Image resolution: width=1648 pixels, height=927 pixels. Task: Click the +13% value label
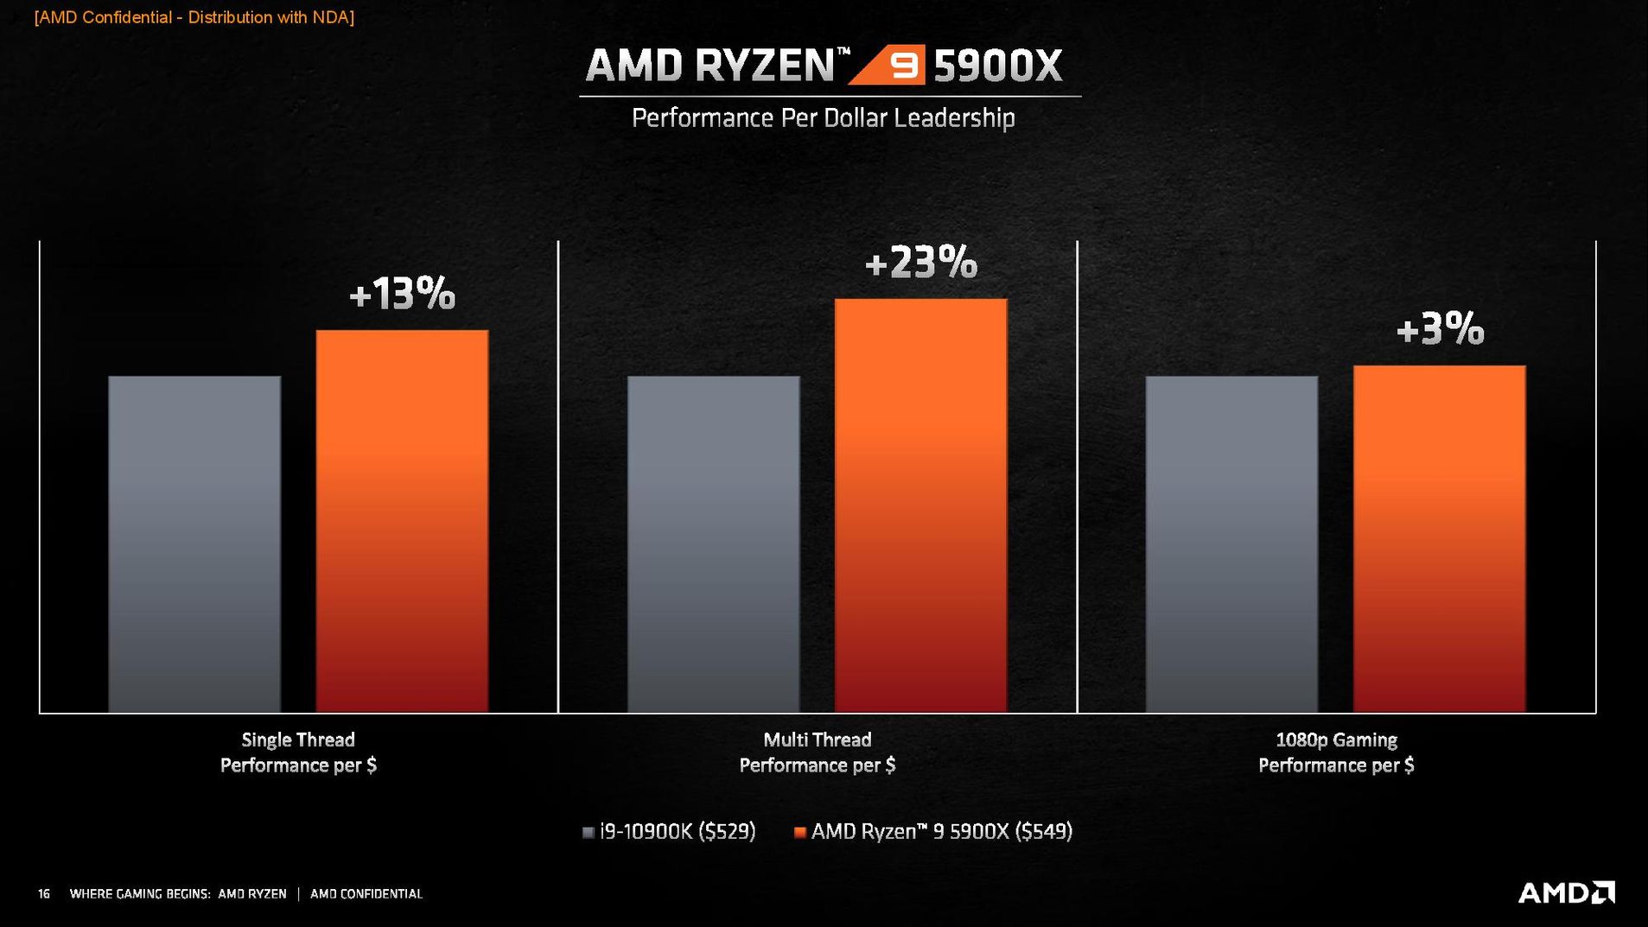[x=402, y=295]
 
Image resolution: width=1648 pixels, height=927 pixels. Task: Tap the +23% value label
[x=920, y=263]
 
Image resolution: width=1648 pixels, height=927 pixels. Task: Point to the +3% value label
[x=1440, y=329]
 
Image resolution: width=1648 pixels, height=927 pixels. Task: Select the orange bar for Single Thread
[x=402, y=521]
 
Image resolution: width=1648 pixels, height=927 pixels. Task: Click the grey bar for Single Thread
[x=194, y=544]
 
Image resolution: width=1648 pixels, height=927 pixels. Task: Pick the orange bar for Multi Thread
[x=920, y=505]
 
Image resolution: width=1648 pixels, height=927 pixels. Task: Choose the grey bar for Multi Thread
[x=713, y=544]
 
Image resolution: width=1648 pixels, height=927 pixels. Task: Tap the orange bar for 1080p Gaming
[x=1439, y=539]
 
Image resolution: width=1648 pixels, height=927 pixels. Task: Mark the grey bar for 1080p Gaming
[x=1231, y=544]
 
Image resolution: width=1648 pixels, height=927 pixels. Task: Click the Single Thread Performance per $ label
[x=298, y=752]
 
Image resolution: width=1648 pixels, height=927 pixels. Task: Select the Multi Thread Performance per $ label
[x=817, y=752]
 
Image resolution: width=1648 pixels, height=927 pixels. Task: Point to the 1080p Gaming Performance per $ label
[x=1336, y=752]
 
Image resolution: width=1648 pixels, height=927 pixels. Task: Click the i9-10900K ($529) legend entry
[x=669, y=832]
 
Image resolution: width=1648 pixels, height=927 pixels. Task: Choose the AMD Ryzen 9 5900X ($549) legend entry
[x=933, y=832]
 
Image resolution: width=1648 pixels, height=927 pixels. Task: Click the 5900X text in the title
[x=998, y=66]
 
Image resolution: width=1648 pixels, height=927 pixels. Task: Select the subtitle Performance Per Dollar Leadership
[x=823, y=117]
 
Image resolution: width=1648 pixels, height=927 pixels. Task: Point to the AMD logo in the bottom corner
[x=1566, y=892]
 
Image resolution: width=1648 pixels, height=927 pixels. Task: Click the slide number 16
[x=44, y=894]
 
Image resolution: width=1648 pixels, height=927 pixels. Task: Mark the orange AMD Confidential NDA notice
[x=194, y=17]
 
